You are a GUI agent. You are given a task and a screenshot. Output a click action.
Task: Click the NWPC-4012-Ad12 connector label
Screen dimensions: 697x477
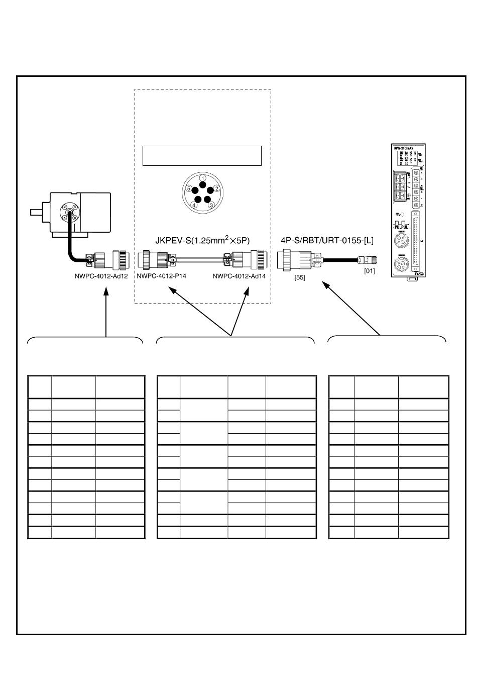[x=101, y=276]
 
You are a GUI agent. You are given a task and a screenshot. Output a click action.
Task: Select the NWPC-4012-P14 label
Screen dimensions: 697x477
[x=161, y=276]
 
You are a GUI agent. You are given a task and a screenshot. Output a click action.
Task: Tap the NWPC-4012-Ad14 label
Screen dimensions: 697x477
[x=239, y=276]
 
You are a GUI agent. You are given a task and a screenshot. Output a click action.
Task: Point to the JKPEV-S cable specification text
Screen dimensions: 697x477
[x=202, y=240]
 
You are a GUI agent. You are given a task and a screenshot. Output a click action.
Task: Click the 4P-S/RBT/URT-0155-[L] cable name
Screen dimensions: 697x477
[x=327, y=240]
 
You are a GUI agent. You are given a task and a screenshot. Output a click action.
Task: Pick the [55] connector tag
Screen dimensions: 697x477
[x=300, y=277]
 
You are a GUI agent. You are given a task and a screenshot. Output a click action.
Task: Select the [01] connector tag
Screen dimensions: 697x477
[x=369, y=271]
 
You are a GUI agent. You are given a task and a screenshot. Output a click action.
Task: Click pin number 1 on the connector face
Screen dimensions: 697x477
[x=202, y=178]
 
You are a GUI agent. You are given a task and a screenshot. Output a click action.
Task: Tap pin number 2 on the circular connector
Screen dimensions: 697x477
[x=216, y=188]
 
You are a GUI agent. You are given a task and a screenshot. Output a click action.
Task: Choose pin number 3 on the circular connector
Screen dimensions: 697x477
[x=211, y=205]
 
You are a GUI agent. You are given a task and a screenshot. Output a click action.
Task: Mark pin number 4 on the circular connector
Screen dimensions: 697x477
[x=194, y=205]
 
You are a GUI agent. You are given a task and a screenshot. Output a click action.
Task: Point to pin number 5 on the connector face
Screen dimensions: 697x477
[x=188, y=188]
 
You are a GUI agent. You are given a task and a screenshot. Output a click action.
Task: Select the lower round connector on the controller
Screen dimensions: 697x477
[x=401, y=264]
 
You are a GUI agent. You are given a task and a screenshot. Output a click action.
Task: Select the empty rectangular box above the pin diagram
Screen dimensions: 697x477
[x=202, y=156]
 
